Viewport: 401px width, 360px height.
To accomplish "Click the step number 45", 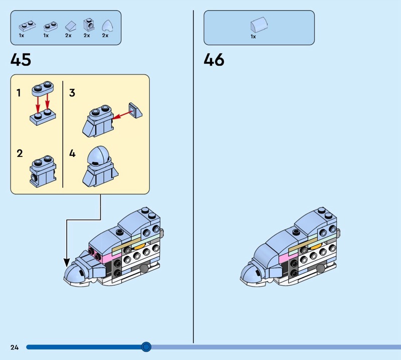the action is [21, 60].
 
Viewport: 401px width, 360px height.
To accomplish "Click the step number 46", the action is [214, 60].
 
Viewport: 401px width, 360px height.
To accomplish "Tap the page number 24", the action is [15, 347].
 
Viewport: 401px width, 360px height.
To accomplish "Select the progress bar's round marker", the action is [146, 347].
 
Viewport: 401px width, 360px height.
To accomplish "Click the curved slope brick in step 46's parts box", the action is [259, 25].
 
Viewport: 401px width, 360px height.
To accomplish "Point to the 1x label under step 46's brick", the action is [253, 37].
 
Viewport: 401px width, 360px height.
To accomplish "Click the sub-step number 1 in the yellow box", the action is [19, 93].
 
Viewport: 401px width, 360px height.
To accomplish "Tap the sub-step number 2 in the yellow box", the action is [20, 153].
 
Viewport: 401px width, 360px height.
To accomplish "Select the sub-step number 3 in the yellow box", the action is [72, 93].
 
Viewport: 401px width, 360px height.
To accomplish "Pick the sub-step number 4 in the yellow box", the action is [72, 153].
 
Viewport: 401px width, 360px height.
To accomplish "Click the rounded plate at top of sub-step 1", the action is [43, 88].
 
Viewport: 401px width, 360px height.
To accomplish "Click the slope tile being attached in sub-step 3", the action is [135, 110].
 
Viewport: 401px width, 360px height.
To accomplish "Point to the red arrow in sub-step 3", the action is [123, 115].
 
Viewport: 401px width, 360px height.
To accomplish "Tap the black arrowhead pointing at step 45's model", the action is [67, 263].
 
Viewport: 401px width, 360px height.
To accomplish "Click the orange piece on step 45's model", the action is [139, 246].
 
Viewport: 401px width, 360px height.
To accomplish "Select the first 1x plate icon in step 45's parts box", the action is [27, 26].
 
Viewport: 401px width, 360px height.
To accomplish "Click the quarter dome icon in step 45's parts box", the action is [107, 26].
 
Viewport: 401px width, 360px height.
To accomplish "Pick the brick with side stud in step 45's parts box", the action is [89, 25].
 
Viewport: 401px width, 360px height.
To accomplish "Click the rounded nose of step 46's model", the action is [249, 274].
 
